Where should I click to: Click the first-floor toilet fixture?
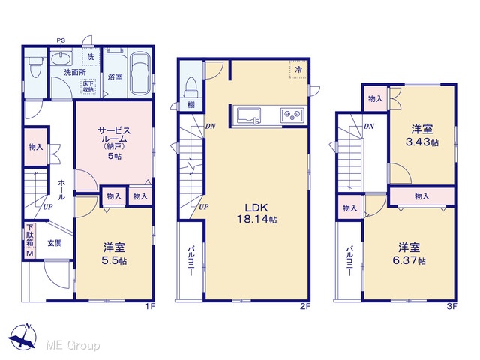(37, 67)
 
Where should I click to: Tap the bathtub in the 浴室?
(140, 74)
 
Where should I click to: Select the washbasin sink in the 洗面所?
(61, 58)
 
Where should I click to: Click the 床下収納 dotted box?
(88, 86)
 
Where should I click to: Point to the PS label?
(61, 40)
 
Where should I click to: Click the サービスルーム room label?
(114, 135)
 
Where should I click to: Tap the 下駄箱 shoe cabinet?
(30, 240)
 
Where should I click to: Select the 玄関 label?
(55, 243)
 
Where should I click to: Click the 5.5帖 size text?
(114, 260)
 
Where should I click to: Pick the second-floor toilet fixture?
(191, 87)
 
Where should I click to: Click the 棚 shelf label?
(191, 105)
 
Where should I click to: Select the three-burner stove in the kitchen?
(292, 115)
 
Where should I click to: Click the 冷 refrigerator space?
(298, 70)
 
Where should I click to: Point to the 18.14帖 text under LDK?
(256, 219)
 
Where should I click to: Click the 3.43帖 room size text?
(421, 142)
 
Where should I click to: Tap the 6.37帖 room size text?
(409, 260)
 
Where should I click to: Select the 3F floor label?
(451, 306)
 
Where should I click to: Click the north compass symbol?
(23, 336)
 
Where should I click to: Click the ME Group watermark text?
(73, 345)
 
